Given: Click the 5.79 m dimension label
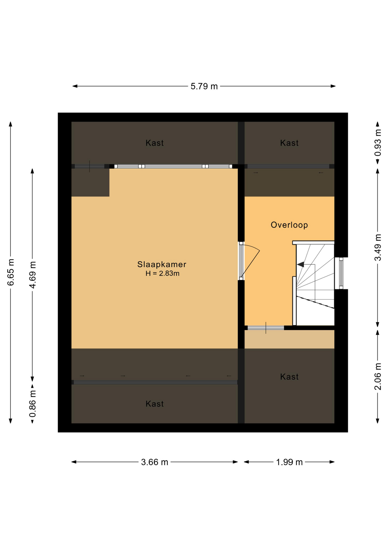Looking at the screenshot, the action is [204, 86].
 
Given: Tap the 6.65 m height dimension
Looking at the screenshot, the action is [11, 272].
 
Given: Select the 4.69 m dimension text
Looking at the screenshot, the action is [32, 275].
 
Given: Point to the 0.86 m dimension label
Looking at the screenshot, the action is [32, 404].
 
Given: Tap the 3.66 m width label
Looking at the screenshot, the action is [155, 462].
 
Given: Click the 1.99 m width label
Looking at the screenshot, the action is [289, 462].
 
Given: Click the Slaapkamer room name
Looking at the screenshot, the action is [162, 264].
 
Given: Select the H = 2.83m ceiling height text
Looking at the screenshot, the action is [162, 273].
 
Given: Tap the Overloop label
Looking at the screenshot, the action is [289, 225].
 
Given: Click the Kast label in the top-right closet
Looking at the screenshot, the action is [289, 143].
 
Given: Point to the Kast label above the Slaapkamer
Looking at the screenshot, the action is [155, 143].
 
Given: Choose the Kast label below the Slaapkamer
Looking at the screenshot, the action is [155, 404].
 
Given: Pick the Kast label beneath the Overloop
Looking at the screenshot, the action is [289, 376].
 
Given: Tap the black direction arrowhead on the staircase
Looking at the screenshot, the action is [300, 264].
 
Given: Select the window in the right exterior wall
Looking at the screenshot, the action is [341, 273].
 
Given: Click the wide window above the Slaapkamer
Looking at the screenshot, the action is [173, 166].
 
